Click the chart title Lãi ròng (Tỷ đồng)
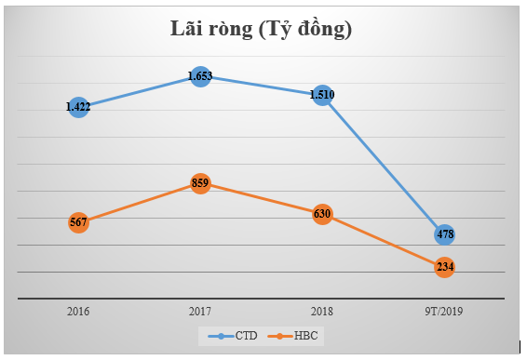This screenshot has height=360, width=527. [x=261, y=30]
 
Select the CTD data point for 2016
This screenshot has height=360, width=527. [x=78, y=107]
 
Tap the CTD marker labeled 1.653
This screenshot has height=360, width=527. [x=199, y=76]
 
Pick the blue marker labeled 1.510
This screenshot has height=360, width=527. [x=322, y=95]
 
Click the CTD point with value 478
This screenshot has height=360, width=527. [x=444, y=234]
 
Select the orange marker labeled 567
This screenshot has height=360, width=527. [x=78, y=222]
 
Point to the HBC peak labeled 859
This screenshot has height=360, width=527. [x=199, y=183]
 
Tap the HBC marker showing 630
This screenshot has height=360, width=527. [x=322, y=214]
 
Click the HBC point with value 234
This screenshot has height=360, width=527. [x=444, y=267]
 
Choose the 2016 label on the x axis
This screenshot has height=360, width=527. [x=78, y=312]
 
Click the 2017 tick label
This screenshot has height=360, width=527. [x=199, y=312]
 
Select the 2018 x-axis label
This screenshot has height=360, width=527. [x=322, y=312]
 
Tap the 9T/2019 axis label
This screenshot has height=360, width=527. [x=444, y=312]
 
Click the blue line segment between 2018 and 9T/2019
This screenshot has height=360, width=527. [x=383, y=165]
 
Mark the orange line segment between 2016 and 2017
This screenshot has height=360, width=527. [x=139, y=203]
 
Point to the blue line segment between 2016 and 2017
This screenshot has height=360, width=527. [x=139, y=91]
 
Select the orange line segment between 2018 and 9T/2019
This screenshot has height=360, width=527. [x=383, y=240]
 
